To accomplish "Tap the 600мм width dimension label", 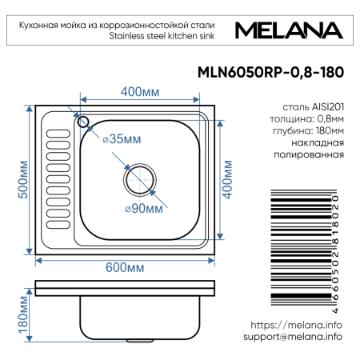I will (x=126, y=266).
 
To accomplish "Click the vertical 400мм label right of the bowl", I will (x=227, y=180).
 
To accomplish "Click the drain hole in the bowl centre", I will (x=139, y=177).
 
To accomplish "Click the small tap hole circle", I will (x=82, y=122).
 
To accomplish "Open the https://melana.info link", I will (x=296, y=325).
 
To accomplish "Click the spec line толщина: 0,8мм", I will (x=307, y=118).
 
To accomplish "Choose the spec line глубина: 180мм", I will (x=307, y=130).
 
